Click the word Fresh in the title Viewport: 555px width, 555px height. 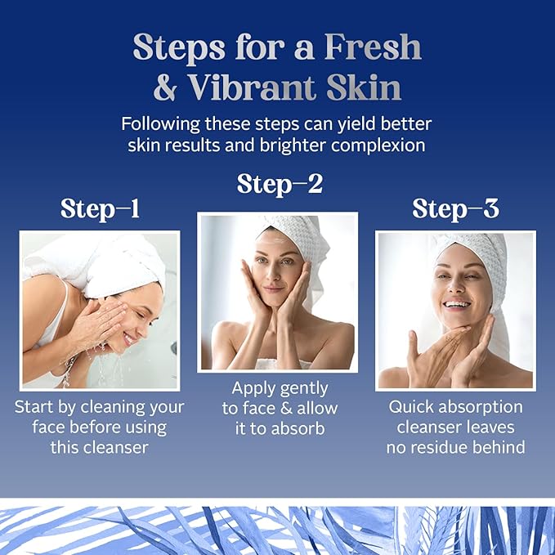tap(373, 47)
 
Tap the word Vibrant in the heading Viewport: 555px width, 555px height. tap(252, 87)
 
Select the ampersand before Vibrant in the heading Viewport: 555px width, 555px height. tap(165, 87)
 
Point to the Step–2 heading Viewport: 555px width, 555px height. tap(280, 185)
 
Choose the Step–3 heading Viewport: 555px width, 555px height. tap(455, 208)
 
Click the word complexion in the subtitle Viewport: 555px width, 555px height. tap(378, 145)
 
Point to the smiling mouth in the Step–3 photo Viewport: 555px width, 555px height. tap(457, 304)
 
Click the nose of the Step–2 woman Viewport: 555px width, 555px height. tap(272, 274)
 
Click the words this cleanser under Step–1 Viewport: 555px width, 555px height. tap(99, 447)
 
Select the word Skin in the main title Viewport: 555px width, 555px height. tap(364, 87)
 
